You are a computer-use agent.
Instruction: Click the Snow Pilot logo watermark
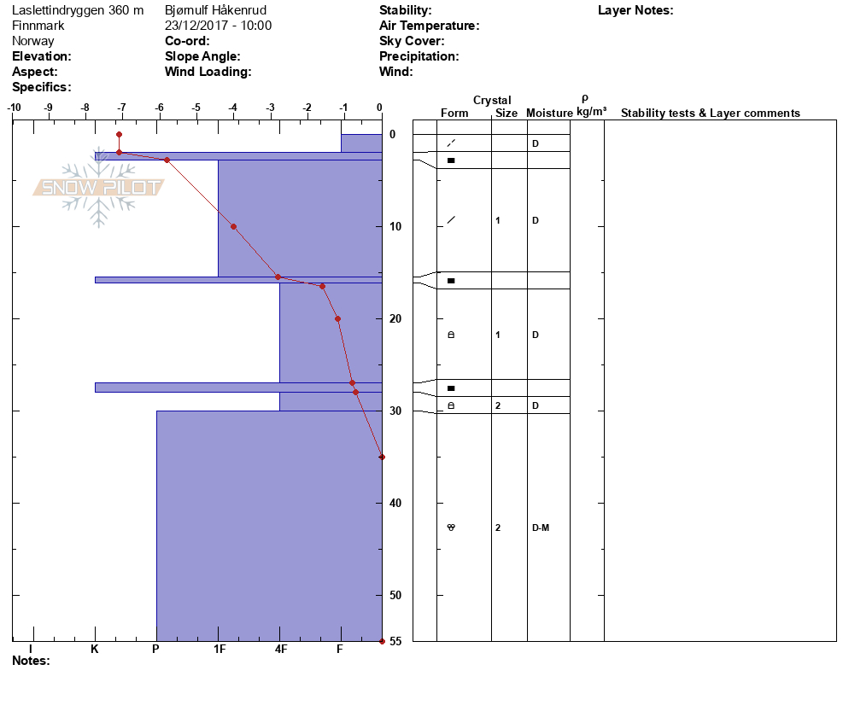[98, 187]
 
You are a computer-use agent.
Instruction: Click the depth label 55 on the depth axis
[395, 641]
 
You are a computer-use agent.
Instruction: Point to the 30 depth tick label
[395, 411]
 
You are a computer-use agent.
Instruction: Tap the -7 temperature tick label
[121, 108]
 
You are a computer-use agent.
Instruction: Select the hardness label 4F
[280, 649]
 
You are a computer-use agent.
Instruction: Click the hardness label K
[95, 649]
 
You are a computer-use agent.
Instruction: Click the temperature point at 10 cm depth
[233, 227]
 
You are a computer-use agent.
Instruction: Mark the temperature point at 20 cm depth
[338, 318]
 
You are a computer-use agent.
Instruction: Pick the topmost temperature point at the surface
[119, 134]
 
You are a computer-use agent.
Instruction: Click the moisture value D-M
[541, 528]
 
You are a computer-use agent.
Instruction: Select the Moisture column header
[549, 113]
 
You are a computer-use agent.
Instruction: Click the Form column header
[454, 113]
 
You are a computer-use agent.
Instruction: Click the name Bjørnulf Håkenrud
[215, 10]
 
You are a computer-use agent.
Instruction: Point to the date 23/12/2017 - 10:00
[218, 26]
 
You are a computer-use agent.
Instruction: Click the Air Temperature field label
[429, 26]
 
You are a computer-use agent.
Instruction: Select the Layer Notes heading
[635, 10]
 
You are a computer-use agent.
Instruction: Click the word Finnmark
[38, 26]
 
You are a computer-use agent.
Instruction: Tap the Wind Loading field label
[208, 72]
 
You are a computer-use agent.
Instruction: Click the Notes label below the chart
[31, 661]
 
